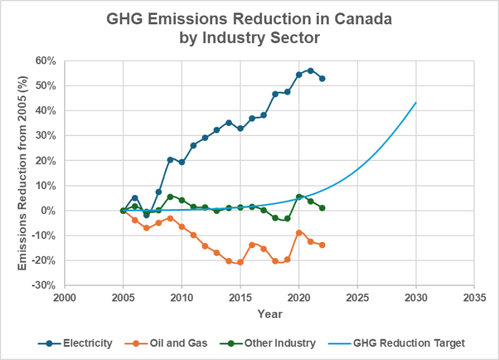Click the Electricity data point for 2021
tap(311, 71)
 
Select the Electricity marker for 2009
tap(170, 159)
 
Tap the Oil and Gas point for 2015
tap(240, 262)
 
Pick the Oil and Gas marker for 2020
tap(299, 233)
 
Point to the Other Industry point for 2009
tap(170, 197)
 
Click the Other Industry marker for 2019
tap(287, 218)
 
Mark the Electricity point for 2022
tap(322, 79)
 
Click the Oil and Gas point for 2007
tap(147, 228)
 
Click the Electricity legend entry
tap(76, 343)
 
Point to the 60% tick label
tap(46, 61)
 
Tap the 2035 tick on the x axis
tap(474, 296)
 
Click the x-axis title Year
tap(269, 312)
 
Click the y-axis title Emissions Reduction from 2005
tap(22, 173)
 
